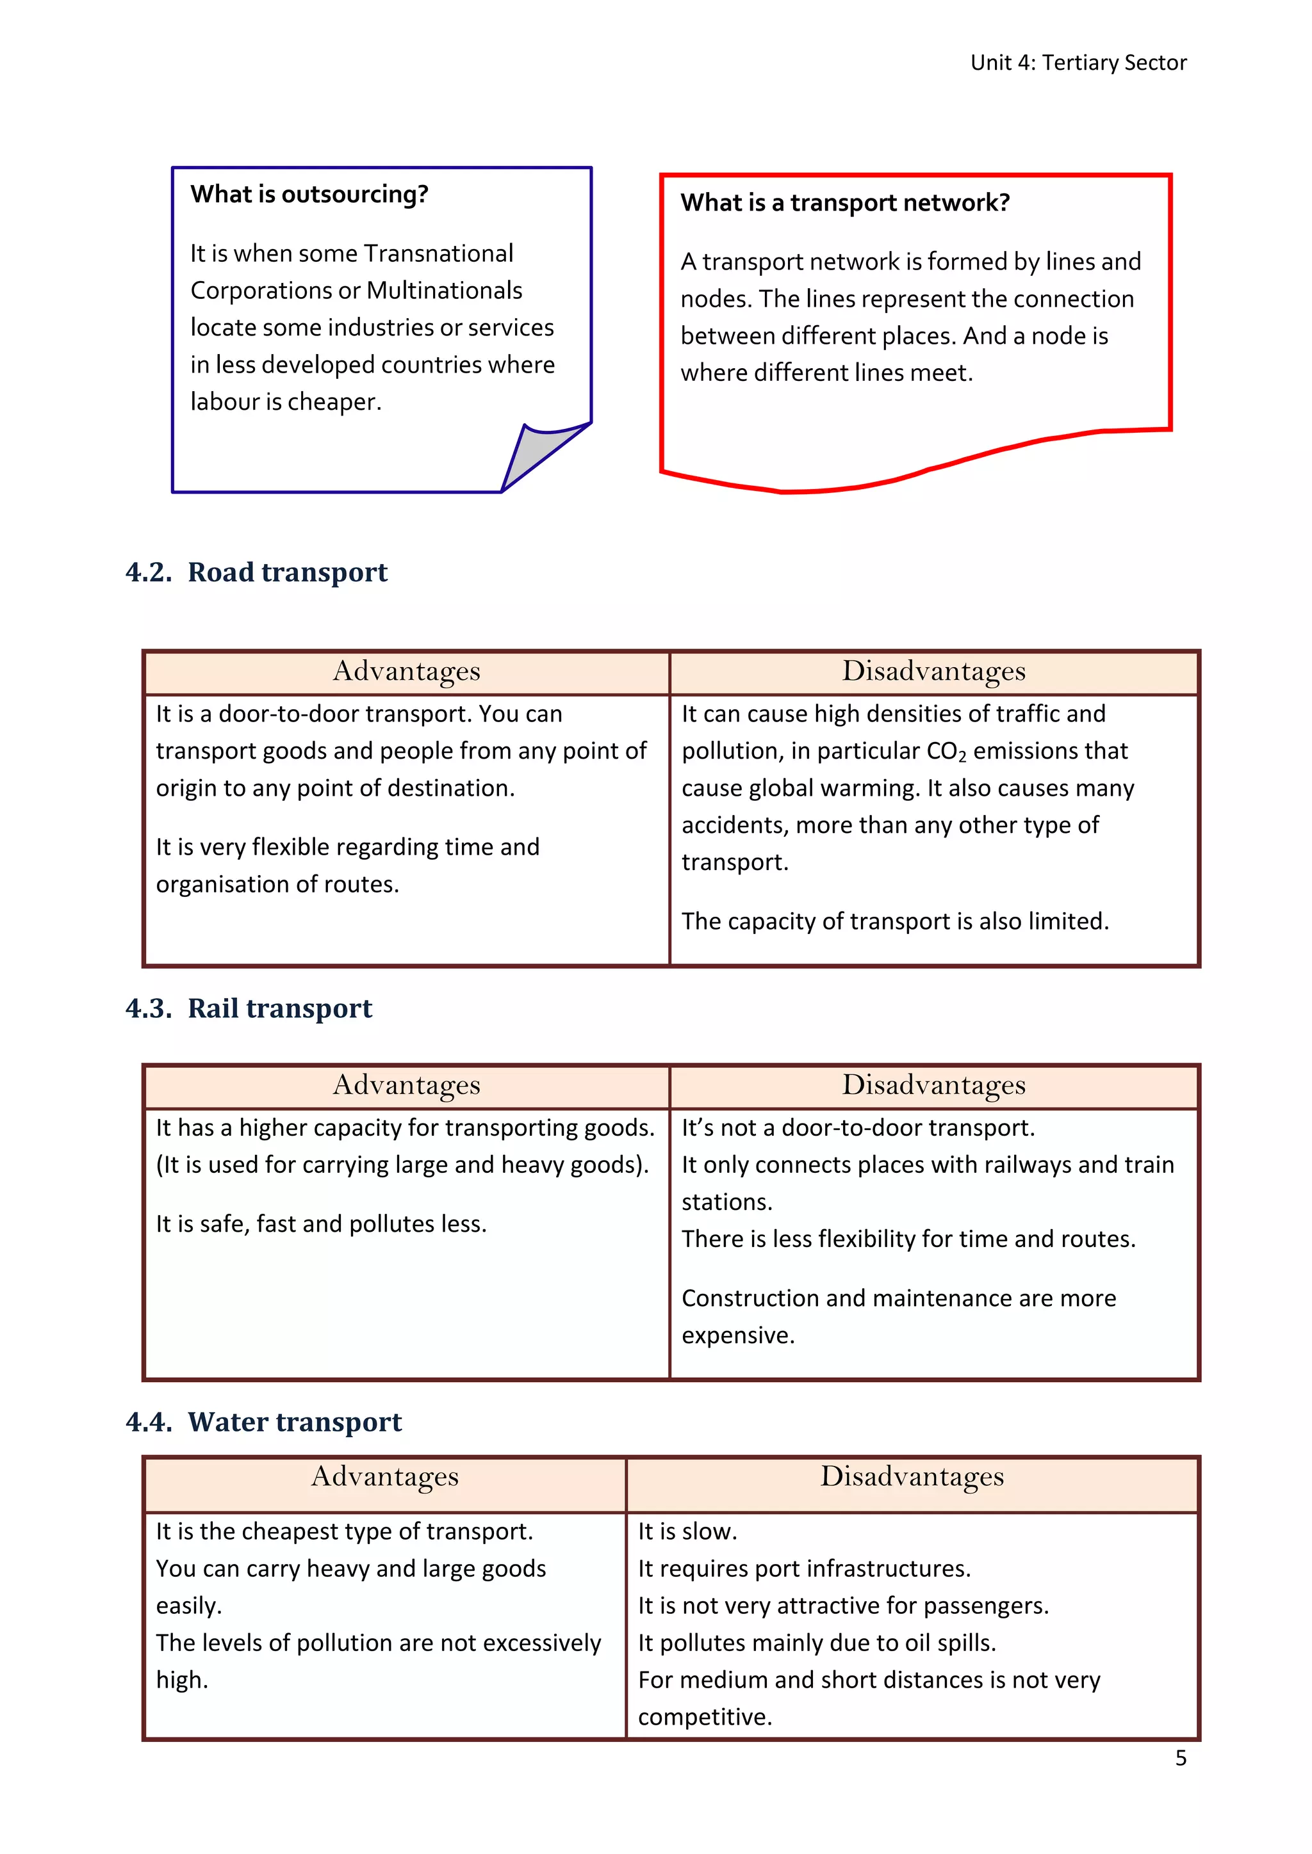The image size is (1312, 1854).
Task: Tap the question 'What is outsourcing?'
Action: pyautogui.click(x=309, y=195)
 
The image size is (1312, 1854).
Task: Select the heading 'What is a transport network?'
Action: pyautogui.click(x=844, y=203)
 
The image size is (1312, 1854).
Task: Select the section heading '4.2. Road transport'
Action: pyautogui.click(x=256, y=572)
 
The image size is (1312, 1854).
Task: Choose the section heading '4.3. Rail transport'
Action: pyautogui.click(x=249, y=1008)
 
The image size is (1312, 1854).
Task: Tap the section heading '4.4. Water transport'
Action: pyautogui.click(x=263, y=1422)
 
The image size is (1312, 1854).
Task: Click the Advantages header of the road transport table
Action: pyautogui.click(x=406, y=672)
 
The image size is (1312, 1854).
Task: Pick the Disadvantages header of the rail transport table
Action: pyautogui.click(x=933, y=1085)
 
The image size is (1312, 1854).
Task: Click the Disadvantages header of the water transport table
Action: pyautogui.click(x=912, y=1477)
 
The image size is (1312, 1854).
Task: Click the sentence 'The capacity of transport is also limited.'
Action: pyautogui.click(x=894, y=921)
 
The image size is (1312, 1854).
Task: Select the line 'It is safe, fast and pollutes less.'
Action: pyautogui.click(x=321, y=1224)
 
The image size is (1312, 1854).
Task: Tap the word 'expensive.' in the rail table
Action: pyautogui.click(x=737, y=1335)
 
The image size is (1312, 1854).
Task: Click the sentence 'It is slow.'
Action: pyautogui.click(x=687, y=1532)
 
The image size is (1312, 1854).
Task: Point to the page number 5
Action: pyautogui.click(x=1180, y=1758)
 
